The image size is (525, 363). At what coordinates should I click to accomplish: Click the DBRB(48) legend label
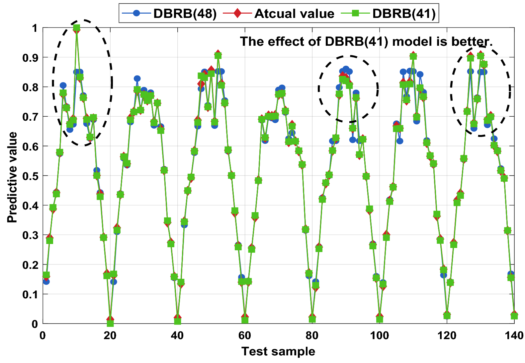click(185, 14)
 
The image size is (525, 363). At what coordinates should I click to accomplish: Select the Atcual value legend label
click(294, 14)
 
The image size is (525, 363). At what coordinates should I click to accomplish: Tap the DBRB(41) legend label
click(404, 14)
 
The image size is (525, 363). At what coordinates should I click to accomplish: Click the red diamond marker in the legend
click(237, 13)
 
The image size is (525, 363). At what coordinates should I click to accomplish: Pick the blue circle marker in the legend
click(136, 13)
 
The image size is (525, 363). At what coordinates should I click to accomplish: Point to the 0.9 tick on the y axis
click(31, 58)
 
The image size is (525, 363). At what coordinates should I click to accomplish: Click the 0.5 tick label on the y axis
click(31, 176)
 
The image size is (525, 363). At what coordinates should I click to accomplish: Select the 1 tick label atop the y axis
click(35, 28)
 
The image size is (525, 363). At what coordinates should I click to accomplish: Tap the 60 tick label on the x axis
click(245, 335)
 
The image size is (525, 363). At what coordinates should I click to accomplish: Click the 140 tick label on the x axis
click(514, 335)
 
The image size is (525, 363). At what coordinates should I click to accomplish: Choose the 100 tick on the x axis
click(380, 335)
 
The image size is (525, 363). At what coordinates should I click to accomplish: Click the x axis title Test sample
click(278, 351)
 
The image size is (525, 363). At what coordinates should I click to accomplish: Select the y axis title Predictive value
click(12, 177)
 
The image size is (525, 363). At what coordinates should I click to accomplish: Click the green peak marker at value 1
click(77, 28)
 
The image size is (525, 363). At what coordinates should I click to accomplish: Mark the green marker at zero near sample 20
click(110, 324)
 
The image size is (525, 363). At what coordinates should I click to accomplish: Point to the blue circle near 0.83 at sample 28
click(137, 79)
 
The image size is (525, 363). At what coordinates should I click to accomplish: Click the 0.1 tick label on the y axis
click(31, 294)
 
